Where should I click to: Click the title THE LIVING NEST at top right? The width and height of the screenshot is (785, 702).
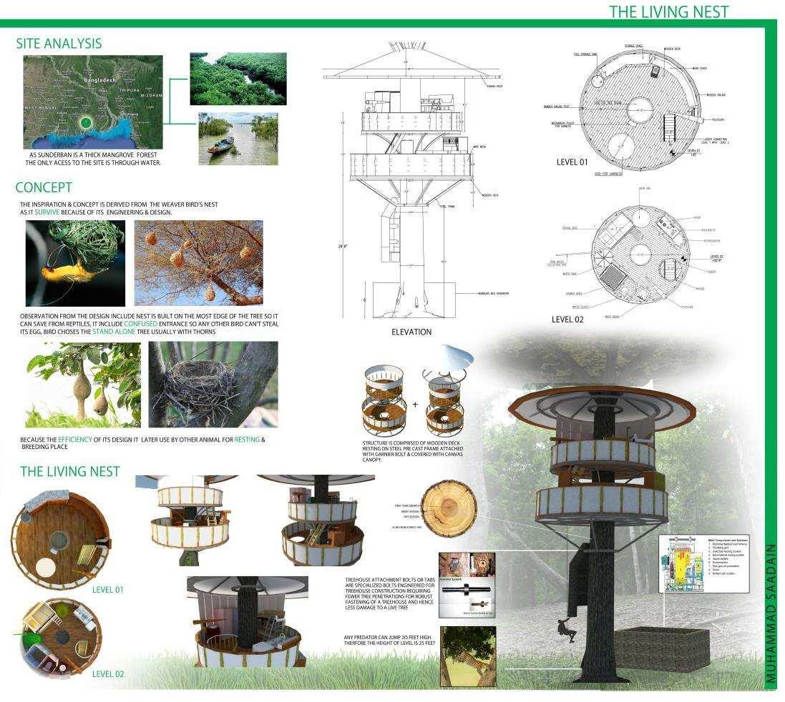(x=668, y=11)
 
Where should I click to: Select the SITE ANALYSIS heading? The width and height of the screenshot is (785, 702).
(x=59, y=44)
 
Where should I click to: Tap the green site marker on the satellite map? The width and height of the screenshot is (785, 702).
(x=86, y=122)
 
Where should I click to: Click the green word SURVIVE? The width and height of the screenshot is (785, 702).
(x=47, y=212)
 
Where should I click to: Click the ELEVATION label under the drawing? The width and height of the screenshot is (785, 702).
(x=411, y=332)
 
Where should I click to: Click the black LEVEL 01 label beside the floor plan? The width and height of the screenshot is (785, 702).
(x=572, y=162)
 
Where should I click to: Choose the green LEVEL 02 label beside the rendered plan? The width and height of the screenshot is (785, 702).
(x=108, y=674)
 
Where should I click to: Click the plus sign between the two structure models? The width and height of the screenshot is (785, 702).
(x=415, y=405)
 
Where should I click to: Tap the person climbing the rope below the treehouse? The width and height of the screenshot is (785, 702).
(x=565, y=630)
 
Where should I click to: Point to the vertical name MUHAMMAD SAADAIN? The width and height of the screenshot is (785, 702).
(x=770, y=617)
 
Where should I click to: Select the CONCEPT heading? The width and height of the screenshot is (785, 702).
(x=44, y=188)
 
